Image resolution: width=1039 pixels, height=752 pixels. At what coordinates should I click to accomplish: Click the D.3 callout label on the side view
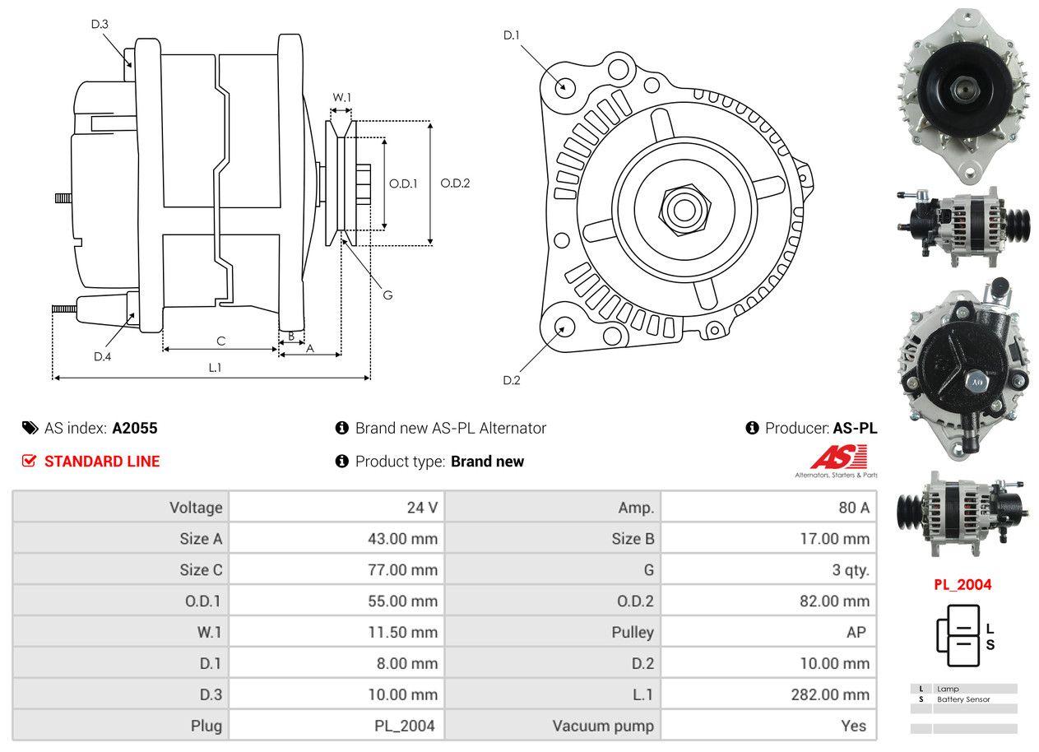click(100, 24)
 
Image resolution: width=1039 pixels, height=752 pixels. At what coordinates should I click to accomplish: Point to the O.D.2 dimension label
click(455, 183)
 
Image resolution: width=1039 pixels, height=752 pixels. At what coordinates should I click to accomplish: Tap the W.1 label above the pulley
click(341, 97)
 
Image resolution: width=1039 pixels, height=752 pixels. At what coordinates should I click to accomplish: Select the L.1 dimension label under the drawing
click(215, 368)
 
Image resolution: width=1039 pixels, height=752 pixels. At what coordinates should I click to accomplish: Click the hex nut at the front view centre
click(682, 208)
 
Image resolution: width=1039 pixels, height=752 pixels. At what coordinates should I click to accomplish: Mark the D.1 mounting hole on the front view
click(564, 86)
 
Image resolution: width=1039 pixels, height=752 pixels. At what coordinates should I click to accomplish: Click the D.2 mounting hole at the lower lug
click(564, 327)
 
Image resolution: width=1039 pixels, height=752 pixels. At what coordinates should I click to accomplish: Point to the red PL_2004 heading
click(962, 585)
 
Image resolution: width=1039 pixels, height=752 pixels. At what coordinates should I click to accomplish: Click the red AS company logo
click(838, 457)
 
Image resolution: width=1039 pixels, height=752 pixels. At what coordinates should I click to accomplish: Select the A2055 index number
click(135, 428)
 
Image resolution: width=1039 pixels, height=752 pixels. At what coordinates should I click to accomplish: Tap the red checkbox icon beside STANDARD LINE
click(29, 461)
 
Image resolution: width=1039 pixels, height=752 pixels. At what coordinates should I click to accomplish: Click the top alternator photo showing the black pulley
click(962, 95)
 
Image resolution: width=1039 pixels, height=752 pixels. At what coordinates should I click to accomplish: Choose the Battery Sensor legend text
click(963, 699)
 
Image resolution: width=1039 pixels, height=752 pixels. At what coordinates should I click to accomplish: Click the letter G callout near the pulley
click(387, 294)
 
